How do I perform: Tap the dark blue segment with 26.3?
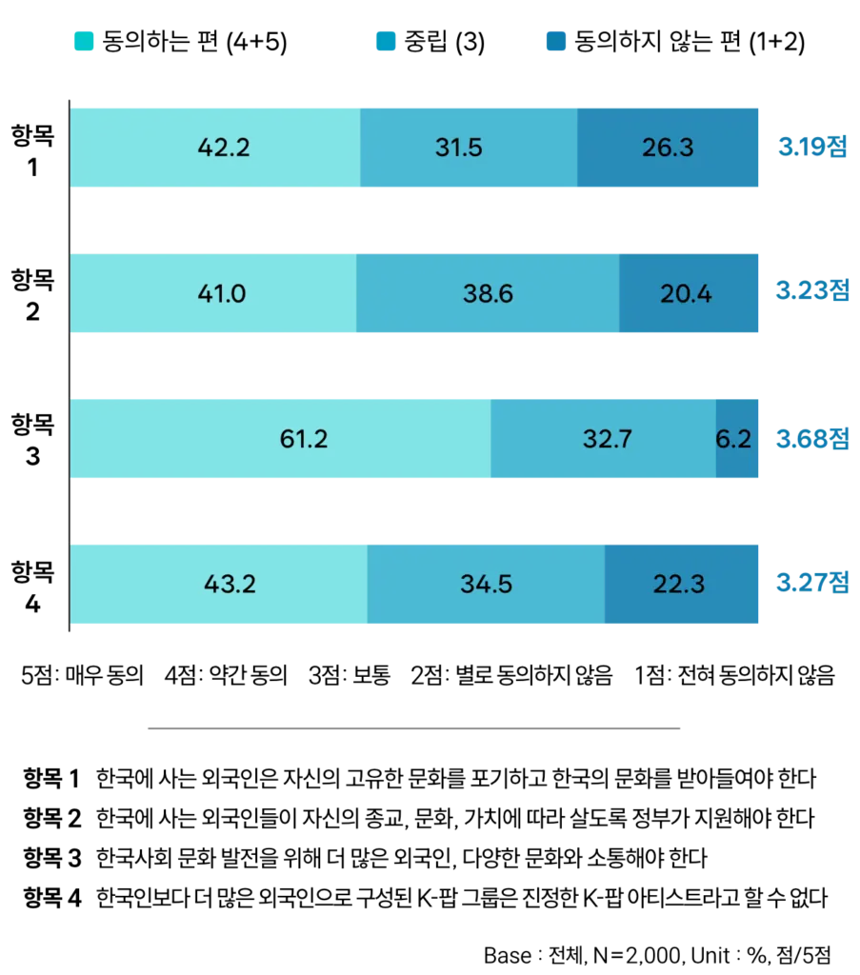point(669,148)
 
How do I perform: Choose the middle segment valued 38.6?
point(488,293)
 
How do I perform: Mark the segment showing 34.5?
point(486,583)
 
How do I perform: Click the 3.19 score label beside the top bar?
point(811,148)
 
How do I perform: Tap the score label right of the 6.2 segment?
point(811,439)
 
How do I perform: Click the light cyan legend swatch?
point(84,42)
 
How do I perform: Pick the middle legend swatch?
point(385,42)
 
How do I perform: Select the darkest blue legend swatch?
point(556,42)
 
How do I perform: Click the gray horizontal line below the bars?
point(415,727)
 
